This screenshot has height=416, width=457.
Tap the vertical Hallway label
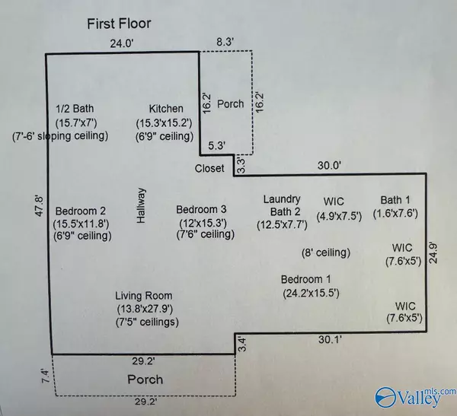[x=141, y=206]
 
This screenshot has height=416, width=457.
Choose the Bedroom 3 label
[x=203, y=209]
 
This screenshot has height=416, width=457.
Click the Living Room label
[x=144, y=295]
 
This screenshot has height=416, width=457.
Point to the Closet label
[x=209, y=168]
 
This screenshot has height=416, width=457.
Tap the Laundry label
[x=283, y=199]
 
